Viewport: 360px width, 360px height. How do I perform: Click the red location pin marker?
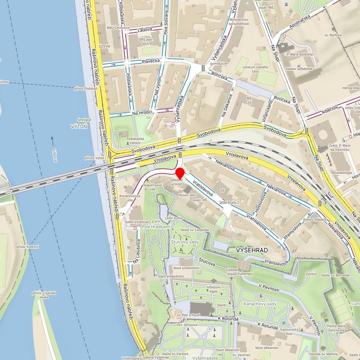[x=180, y=174]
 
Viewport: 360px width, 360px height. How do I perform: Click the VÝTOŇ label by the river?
[x=79, y=127]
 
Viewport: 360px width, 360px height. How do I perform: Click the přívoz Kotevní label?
[x=27, y=246]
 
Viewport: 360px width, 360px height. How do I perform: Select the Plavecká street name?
[x=151, y=61]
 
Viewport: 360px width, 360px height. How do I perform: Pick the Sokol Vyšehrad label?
[x=137, y=221]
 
